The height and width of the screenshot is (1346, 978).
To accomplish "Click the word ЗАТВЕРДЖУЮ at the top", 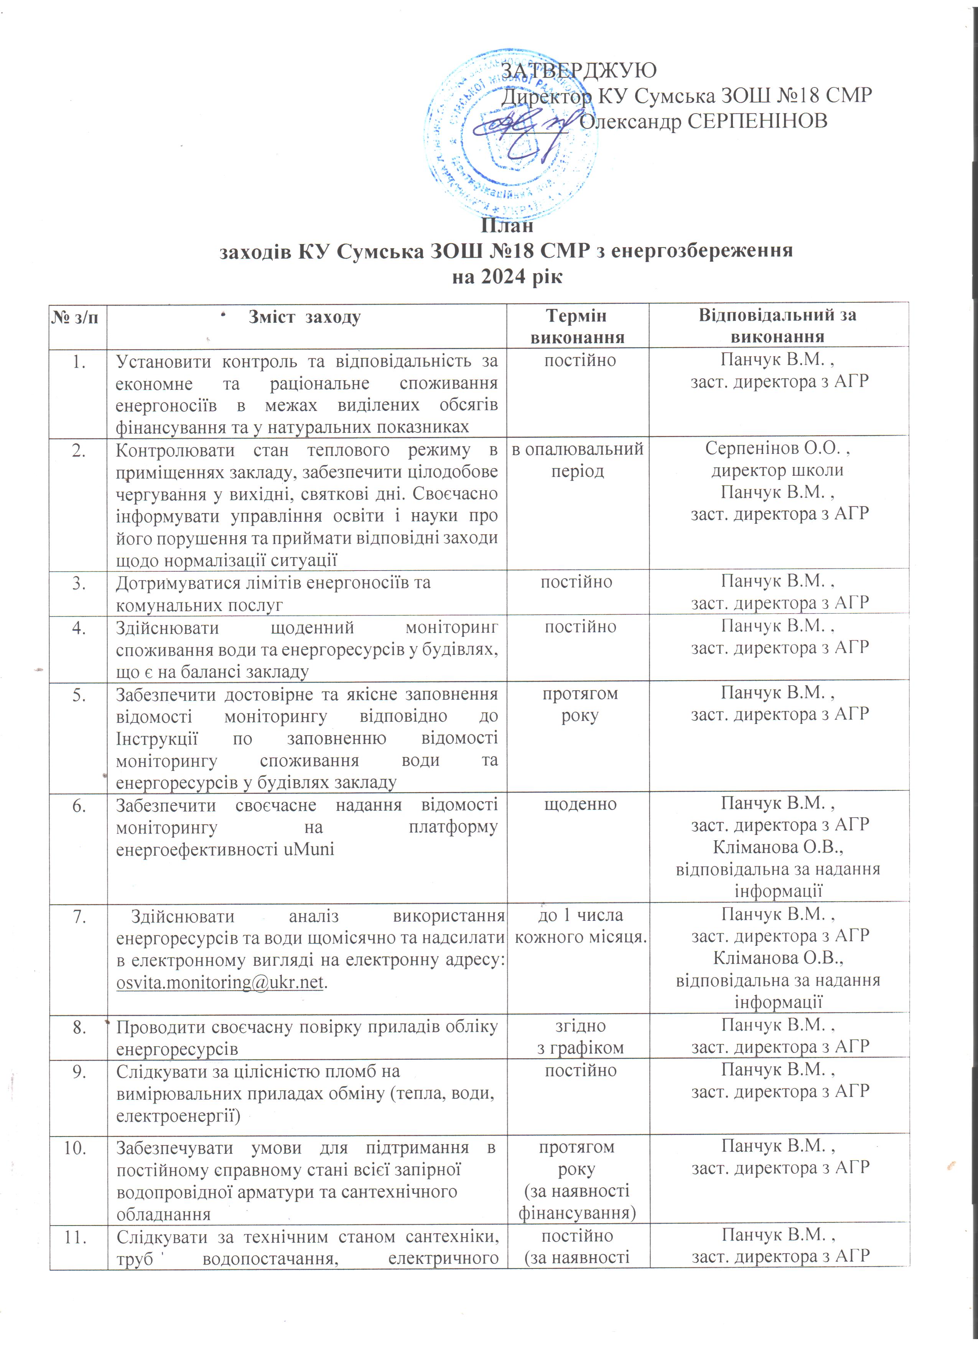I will pyautogui.click(x=579, y=71).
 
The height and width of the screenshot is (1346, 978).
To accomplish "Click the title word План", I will pyautogui.click(x=507, y=226).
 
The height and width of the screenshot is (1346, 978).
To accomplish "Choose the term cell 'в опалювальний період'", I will pyautogui.click(x=577, y=460).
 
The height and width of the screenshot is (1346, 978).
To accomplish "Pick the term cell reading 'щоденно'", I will pyautogui.click(x=580, y=804).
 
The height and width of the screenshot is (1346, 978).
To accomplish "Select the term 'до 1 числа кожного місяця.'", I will pyautogui.click(x=580, y=926).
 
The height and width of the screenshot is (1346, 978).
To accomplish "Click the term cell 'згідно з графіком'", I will pyautogui.click(x=580, y=1037).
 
